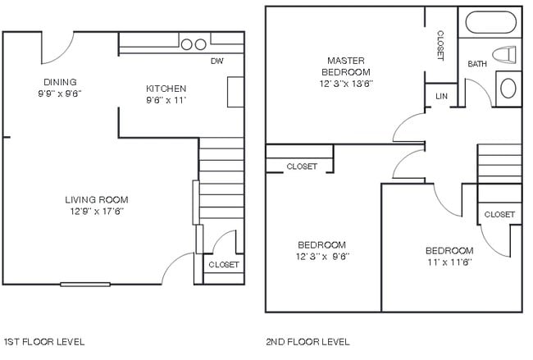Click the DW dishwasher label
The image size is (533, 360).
217,62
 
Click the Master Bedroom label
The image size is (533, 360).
345,66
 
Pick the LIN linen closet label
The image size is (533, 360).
441,96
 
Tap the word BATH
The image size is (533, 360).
477,64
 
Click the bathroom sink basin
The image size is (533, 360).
508,85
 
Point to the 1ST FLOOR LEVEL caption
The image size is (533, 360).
44,341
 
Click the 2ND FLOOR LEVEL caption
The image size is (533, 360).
307,341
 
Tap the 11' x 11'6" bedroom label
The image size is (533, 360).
449,256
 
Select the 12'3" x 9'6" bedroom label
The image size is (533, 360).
321,250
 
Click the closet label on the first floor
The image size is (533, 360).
223,265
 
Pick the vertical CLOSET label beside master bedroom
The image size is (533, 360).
440,44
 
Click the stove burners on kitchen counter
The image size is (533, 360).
193,43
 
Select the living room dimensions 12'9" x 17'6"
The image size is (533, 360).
97,211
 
